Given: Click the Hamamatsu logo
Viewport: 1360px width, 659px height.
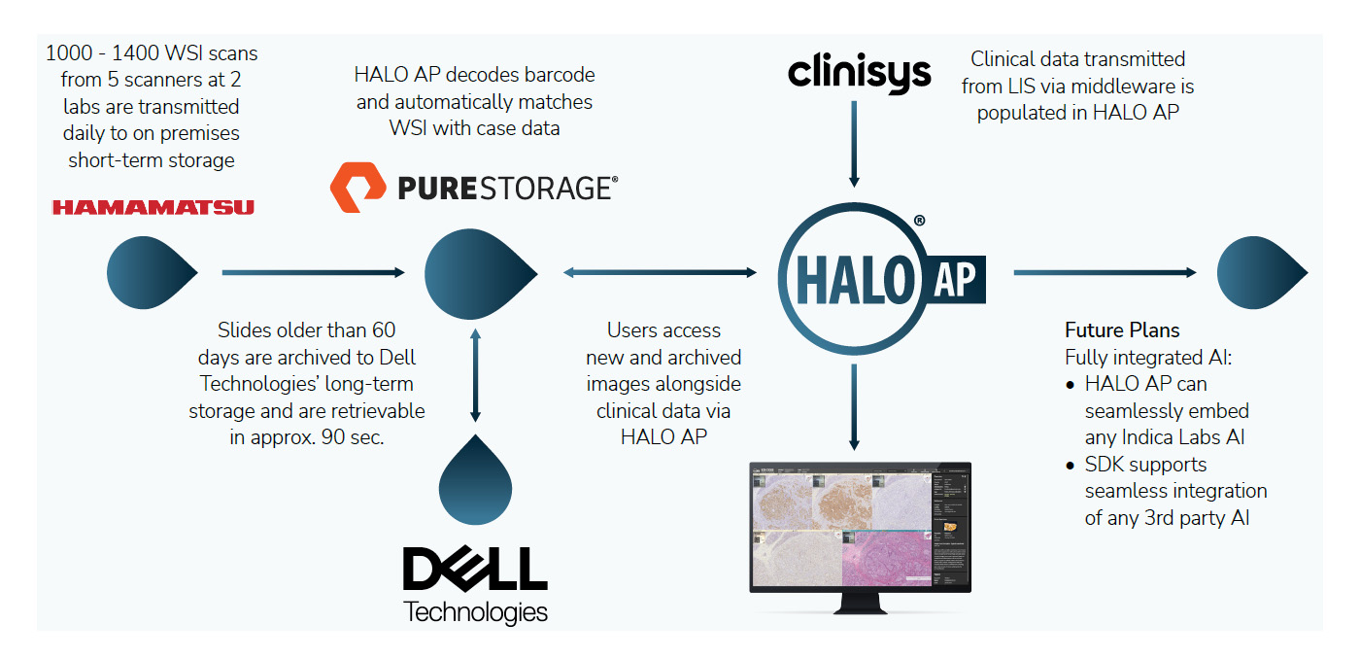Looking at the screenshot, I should coord(153,207).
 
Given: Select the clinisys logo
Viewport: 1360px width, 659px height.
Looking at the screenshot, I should coord(860,73).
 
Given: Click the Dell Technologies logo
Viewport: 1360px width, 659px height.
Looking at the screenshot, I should coord(475,583).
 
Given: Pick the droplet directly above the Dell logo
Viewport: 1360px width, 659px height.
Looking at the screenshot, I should coord(475,476).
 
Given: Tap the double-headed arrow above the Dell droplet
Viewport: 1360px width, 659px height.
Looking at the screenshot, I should coord(475,375).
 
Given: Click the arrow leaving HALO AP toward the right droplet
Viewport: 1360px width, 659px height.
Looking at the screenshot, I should coord(1105,273).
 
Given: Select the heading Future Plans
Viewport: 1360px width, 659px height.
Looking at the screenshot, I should coord(1122,329).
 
